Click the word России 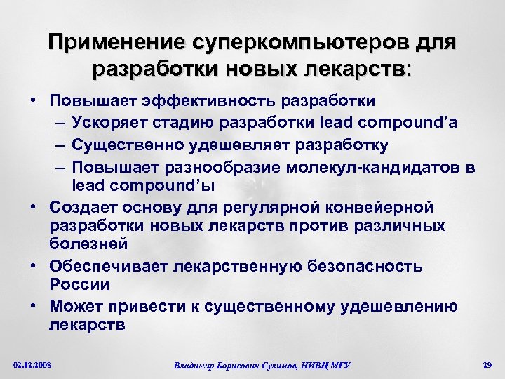click(80, 285)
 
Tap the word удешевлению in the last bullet click(408, 306)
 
